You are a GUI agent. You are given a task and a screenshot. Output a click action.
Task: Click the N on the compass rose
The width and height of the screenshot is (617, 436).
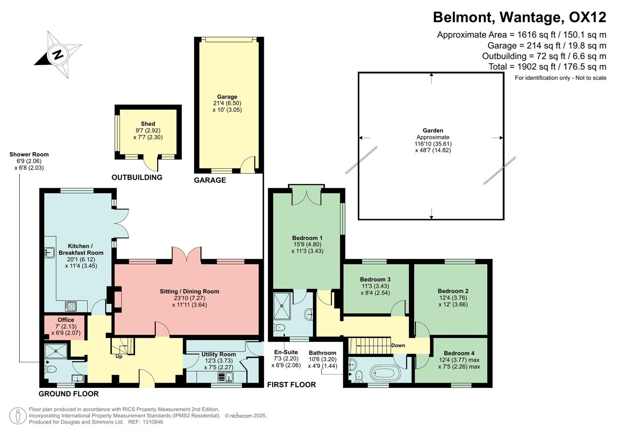58,54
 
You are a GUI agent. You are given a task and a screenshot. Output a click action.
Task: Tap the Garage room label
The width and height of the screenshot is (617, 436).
227,97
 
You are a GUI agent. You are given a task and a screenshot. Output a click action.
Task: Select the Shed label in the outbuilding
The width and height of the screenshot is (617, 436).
148,124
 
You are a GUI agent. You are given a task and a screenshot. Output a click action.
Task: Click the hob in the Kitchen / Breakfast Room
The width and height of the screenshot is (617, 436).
71,306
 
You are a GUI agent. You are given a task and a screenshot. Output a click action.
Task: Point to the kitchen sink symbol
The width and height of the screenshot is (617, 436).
50,252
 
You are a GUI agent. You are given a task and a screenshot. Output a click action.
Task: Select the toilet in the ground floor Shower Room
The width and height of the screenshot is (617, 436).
50,369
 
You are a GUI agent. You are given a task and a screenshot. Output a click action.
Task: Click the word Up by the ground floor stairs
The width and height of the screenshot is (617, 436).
119,356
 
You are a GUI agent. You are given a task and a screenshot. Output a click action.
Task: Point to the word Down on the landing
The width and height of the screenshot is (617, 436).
398,346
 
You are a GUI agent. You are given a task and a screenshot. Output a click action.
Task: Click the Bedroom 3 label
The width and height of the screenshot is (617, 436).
375,279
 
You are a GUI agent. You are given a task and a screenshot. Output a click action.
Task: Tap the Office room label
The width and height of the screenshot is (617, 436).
65,320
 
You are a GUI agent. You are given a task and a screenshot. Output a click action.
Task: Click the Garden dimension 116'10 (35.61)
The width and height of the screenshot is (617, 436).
433,144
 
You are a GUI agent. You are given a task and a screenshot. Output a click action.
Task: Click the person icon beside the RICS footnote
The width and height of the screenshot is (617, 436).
17,416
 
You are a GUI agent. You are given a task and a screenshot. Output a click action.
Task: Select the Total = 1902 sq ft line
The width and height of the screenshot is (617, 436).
547,67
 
